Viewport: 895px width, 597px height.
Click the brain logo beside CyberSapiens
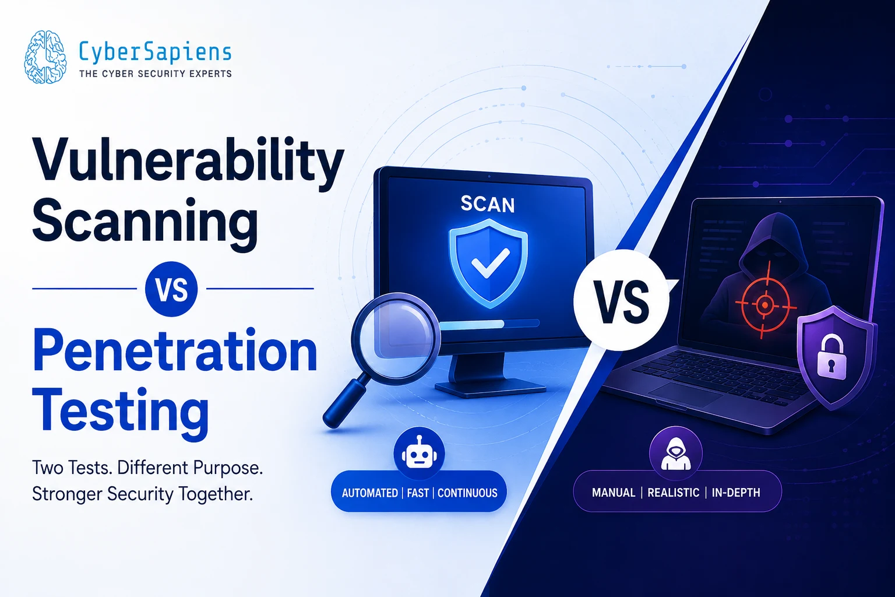[45, 57]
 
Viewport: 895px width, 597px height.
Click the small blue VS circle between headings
[171, 289]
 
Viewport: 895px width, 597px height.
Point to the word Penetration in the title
[175, 350]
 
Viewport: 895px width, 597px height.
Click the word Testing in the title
[120, 412]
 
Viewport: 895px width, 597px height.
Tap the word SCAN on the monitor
[488, 204]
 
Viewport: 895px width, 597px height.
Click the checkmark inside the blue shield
[490, 263]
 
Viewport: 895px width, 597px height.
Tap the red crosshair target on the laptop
[765, 305]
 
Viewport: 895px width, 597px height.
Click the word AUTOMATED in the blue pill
[369, 493]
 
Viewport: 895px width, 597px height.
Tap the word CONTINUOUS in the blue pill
[467, 493]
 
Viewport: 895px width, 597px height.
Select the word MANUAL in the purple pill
[614, 493]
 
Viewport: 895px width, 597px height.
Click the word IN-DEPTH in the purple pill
[736, 493]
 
